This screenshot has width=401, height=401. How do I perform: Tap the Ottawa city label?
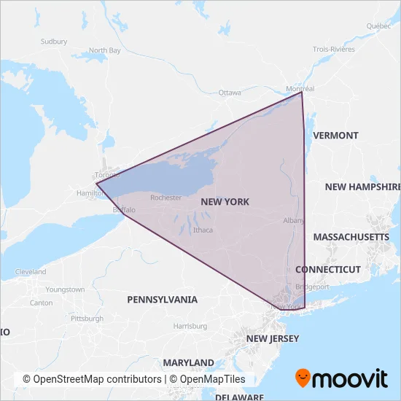230,93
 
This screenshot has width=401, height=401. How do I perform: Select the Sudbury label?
54,42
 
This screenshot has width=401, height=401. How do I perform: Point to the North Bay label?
105,50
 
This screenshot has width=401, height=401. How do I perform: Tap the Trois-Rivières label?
334,49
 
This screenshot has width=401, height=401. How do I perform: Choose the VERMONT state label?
335,136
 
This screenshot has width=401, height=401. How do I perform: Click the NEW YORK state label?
225,202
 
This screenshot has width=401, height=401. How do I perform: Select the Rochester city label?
166,198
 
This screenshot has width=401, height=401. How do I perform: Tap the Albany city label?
293,220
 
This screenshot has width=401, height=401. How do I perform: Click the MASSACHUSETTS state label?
351,238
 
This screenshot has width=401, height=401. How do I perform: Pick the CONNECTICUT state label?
328,270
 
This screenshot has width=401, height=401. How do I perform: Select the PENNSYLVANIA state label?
162,300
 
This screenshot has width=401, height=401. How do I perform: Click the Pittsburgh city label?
87,319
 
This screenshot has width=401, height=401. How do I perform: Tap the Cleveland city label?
30,272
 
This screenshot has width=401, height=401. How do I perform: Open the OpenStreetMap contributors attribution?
92,380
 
